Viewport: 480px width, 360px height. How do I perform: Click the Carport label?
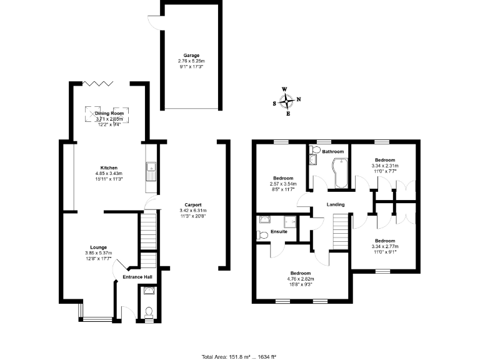(192, 205)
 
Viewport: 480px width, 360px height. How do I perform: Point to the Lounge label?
(98, 247)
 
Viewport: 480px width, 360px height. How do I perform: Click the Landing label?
(335, 204)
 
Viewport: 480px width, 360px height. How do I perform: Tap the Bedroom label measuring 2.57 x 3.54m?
(283, 176)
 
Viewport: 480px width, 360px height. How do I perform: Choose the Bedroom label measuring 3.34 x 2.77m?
(384, 241)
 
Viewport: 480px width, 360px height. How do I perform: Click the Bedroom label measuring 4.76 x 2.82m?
(301, 272)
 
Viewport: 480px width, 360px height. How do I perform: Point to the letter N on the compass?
(298, 99)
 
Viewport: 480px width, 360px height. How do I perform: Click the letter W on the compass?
(285, 89)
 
